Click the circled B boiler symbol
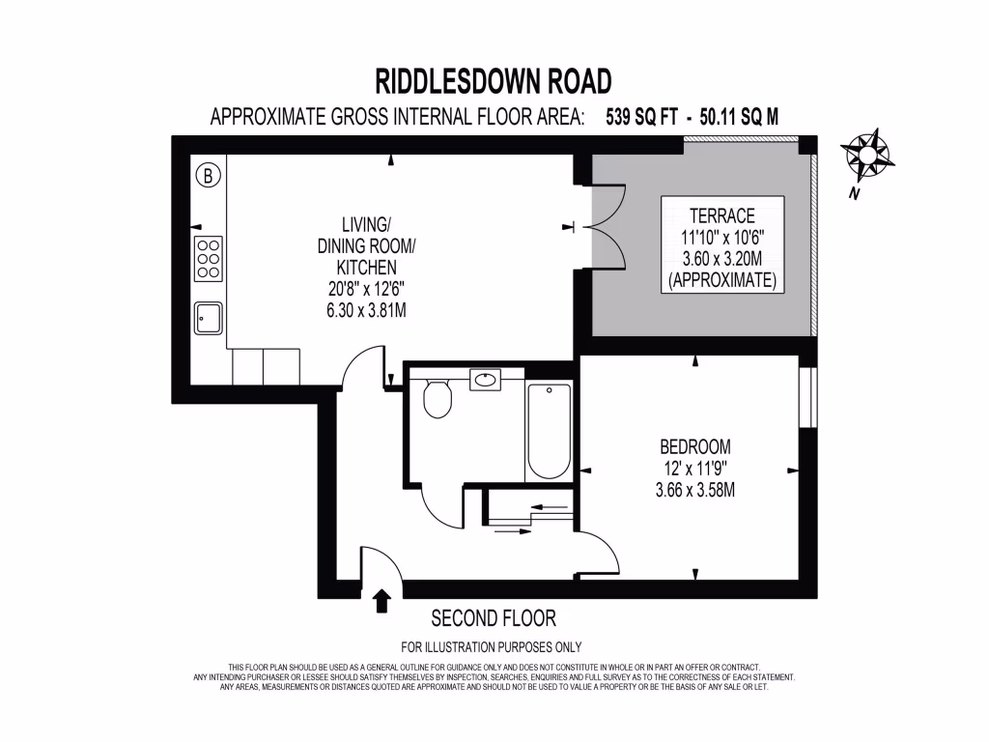(x=208, y=176)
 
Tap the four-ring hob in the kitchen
(x=208, y=258)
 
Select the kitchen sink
(x=208, y=317)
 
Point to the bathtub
(x=549, y=432)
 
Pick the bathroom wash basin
(x=486, y=380)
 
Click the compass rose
(x=866, y=156)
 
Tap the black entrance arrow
(x=381, y=600)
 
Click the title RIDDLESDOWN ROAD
(x=494, y=80)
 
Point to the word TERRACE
(x=721, y=214)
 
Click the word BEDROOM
(x=695, y=447)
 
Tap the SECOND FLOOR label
(x=494, y=618)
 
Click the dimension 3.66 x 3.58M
(x=695, y=490)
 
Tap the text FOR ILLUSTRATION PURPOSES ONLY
(x=492, y=647)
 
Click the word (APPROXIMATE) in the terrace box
(x=721, y=281)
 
